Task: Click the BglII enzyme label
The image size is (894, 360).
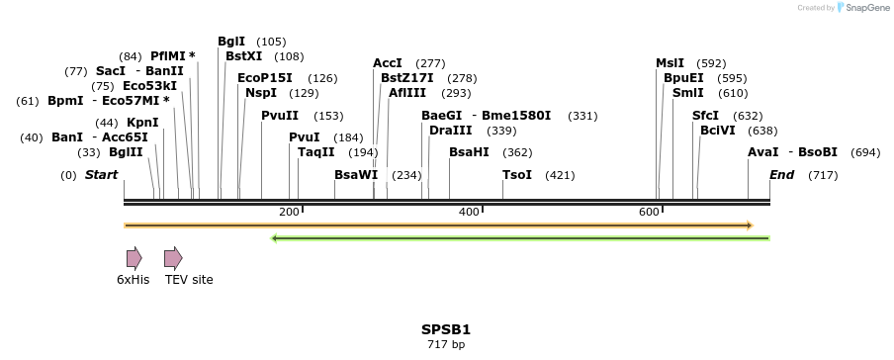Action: tap(126, 152)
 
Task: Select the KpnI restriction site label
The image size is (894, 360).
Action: tap(142, 123)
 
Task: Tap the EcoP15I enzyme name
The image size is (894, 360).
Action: tap(265, 78)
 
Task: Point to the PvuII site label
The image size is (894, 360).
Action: tap(280, 116)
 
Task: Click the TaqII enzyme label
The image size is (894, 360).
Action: tap(316, 152)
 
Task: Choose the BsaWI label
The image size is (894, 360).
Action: tap(356, 175)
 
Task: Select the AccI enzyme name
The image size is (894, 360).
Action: tap(388, 63)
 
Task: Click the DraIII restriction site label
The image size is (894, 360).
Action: tap(451, 131)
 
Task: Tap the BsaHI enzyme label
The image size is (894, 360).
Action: tap(469, 152)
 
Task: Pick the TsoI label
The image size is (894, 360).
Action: tap(517, 175)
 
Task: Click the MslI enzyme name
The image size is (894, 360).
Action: tap(670, 63)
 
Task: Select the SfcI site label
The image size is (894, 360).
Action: tap(705, 116)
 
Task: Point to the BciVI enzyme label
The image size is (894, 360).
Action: tap(718, 131)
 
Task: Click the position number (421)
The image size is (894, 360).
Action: tap(560, 175)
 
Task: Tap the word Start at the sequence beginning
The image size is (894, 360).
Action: tap(101, 175)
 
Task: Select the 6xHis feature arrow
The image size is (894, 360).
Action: tap(134, 258)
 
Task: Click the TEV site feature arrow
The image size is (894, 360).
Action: tap(173, 258)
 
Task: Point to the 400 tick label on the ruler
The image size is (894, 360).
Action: tap(470, 212)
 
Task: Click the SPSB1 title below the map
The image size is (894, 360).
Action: tap(446, 328)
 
